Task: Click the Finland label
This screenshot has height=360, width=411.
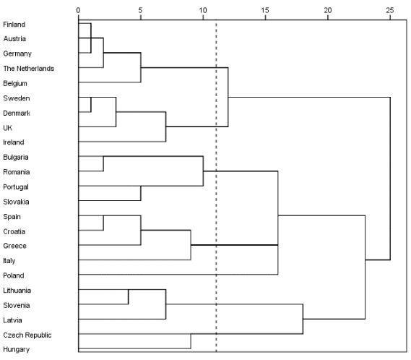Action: click(x=14, y=25)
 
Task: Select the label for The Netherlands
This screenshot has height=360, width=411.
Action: click(x=29, y=69)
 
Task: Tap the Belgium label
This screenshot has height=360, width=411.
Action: click(x=15, y=83)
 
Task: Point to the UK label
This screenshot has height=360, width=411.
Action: click(x=8, y=128)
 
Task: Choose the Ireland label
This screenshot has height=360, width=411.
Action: click(x=14, y=142)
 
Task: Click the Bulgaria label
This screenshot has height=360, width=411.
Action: click(x=15, y=157)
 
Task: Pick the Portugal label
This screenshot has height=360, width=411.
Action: click(x=16, y=187)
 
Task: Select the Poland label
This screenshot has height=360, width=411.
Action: click(x=14, y=275)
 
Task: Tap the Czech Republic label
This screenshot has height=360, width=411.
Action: click(x=27, y=335)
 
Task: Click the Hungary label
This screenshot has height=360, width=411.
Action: click(x=16, y=349)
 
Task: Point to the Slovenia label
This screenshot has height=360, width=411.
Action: click(x=16, y=305)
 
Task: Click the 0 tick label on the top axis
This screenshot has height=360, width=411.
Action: click(x=79, y=10)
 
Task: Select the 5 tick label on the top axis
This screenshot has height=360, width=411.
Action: click(x=141, y=10)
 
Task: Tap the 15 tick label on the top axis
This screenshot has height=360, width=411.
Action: click(x=265, y=10)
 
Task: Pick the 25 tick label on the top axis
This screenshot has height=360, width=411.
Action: click(x=390, y=10)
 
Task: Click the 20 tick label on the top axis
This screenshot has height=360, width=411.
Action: click(x=327, y=10)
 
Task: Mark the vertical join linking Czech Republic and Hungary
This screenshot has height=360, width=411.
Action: click(x=191, y=341)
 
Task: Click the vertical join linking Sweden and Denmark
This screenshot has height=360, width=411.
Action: click(x=91, y=104)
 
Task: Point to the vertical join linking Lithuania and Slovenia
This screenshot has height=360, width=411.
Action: click(x=128, y=297)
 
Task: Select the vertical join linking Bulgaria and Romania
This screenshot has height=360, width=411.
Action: click(x=103, y=163)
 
